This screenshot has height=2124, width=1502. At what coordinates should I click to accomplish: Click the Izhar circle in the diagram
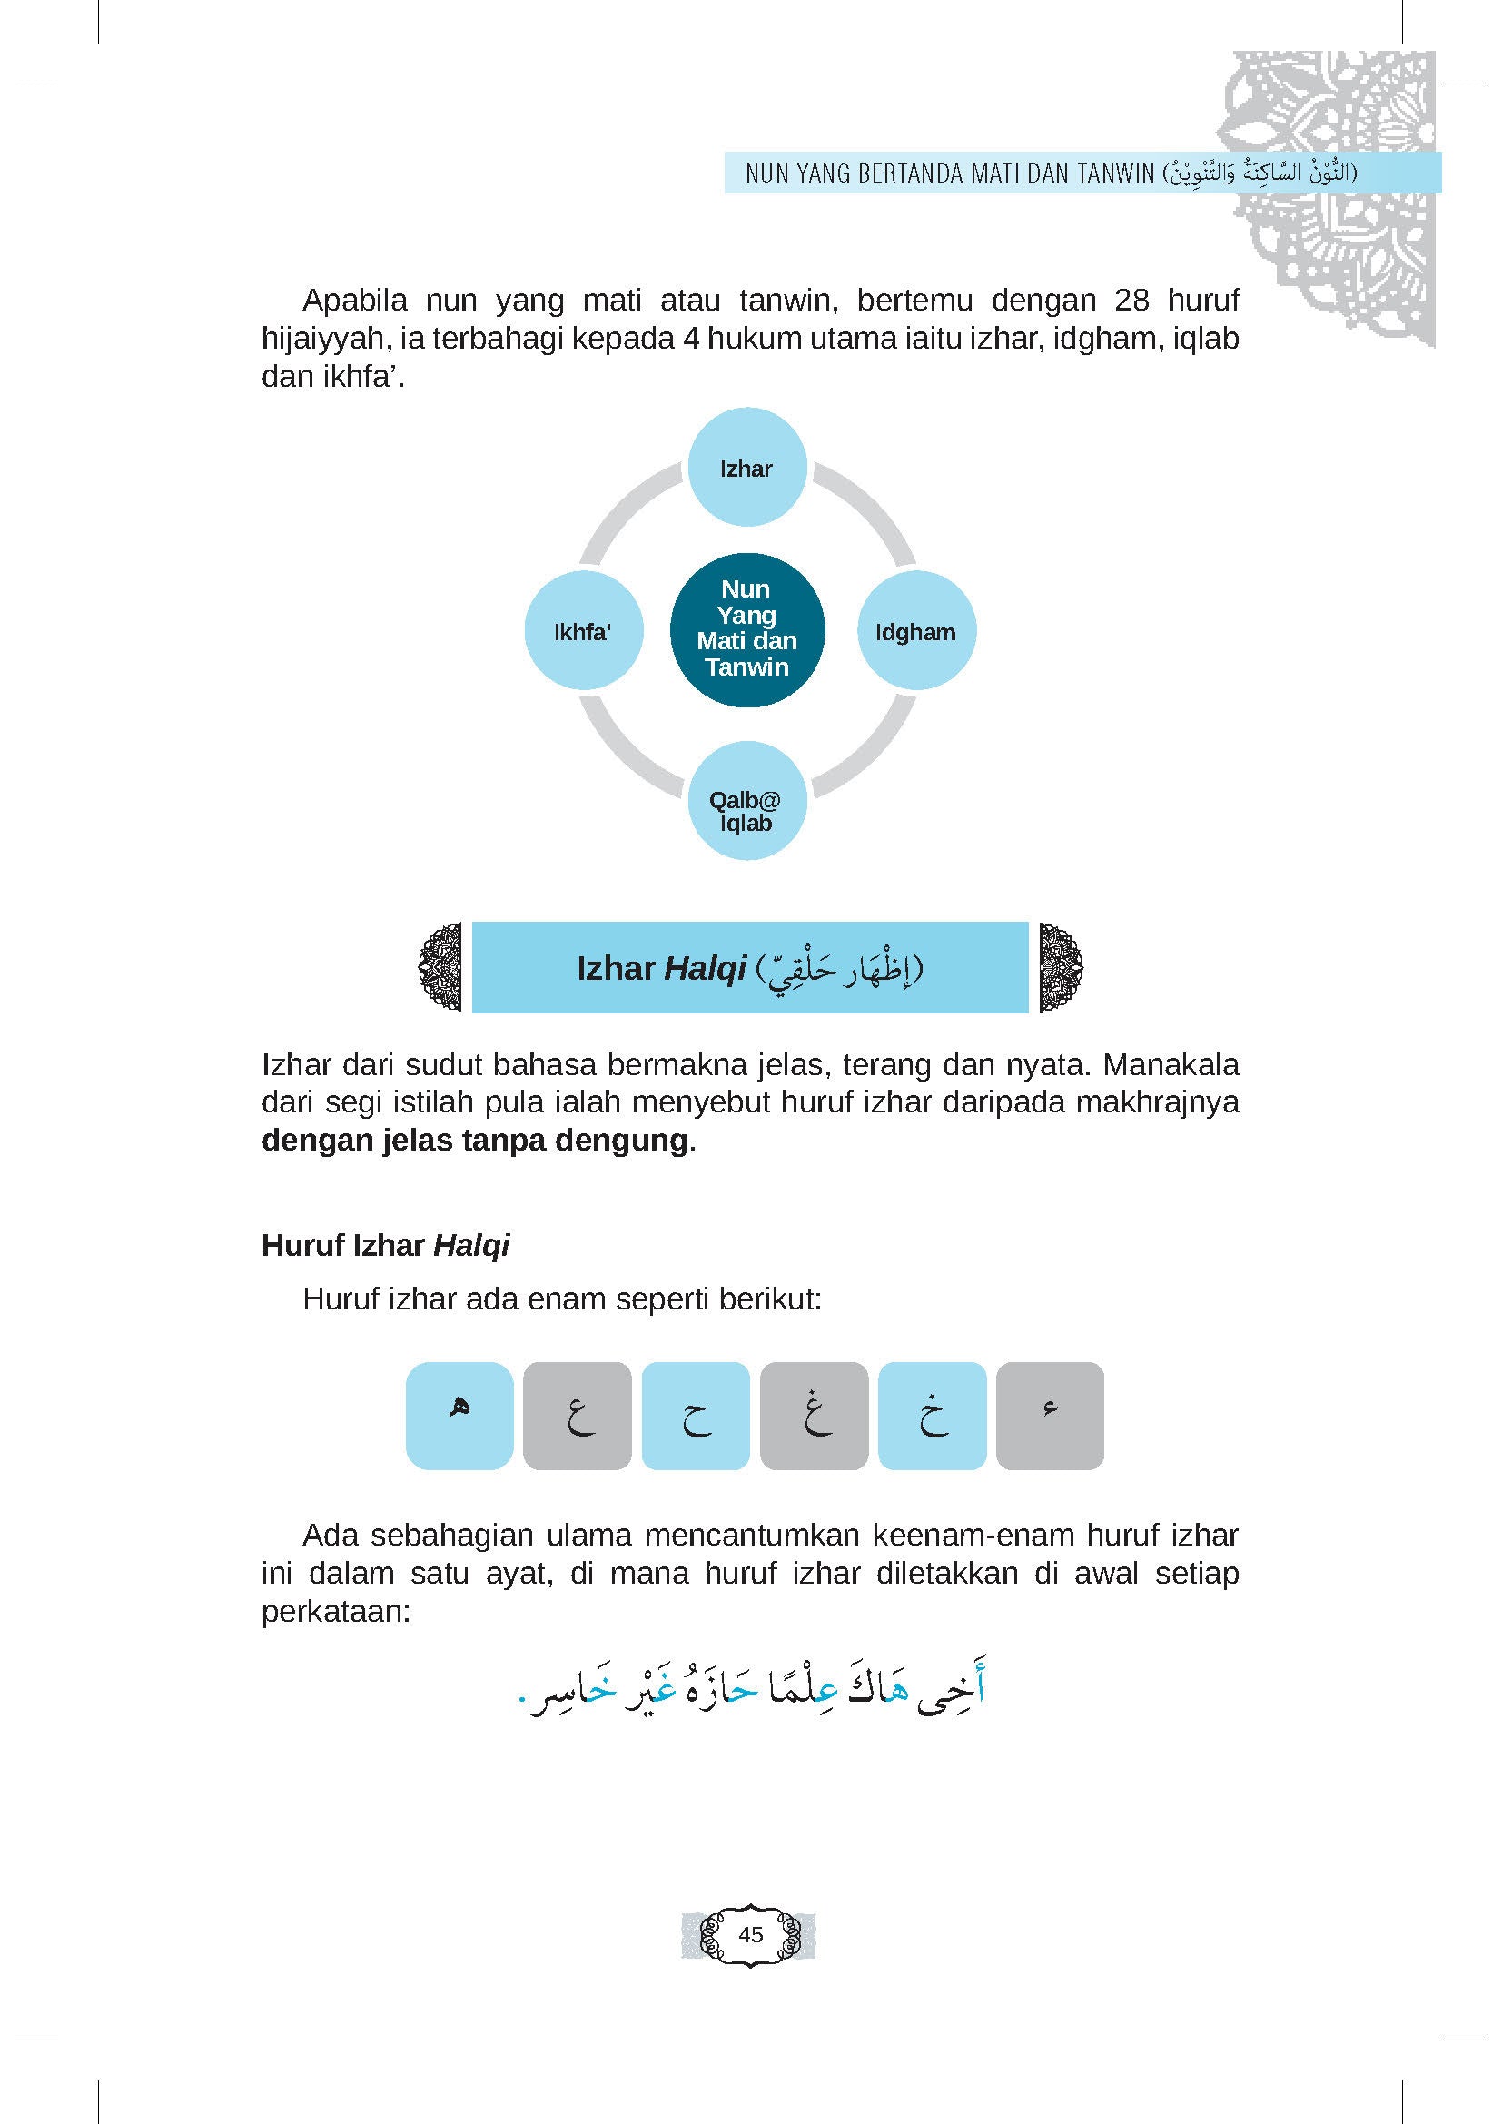click(746, 468)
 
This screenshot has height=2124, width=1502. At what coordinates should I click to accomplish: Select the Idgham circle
click(915, 632)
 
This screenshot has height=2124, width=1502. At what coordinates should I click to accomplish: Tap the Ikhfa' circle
click(583, 632)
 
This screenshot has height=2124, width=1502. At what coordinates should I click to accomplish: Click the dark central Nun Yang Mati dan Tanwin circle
click(746, 630)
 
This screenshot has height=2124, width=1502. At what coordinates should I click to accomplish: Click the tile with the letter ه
click(459, 1416)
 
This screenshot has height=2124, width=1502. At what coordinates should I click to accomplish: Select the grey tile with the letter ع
click(578, 1416)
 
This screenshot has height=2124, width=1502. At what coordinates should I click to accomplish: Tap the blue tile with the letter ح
click(696, 1416)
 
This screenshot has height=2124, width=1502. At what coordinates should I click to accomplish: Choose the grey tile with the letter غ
click(814, 1416)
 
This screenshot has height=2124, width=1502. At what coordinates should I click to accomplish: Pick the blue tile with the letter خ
click(933, 1416)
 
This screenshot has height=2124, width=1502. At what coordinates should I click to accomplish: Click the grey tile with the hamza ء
click(1050, 1416)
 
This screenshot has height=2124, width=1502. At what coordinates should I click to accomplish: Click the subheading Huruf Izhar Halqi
click(386, 1246)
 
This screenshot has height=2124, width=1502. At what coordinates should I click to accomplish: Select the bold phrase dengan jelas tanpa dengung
click(475, 1141)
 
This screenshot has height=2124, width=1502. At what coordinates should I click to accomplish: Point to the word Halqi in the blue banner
click(705, 969)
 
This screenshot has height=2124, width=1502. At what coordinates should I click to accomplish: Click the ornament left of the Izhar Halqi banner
click(440, 967)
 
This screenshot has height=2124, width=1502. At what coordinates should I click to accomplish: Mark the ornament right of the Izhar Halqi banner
click(1061, 967)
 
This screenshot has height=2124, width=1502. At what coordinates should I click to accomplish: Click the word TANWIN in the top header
click(1109, 173)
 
